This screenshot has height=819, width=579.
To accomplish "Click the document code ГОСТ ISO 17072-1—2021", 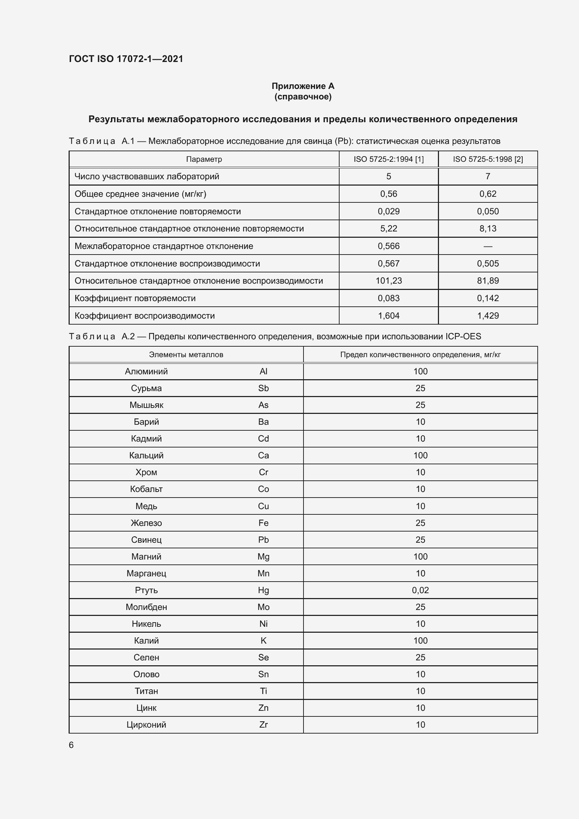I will (126, 59).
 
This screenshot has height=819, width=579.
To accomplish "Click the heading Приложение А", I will (303, 86).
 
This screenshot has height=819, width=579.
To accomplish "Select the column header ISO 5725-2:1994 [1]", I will (389, 159).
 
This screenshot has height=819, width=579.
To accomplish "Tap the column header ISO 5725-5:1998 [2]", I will (488, 159).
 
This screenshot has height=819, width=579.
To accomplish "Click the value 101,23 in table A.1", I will (389, 281).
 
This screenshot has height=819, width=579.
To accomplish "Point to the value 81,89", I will (488, 281).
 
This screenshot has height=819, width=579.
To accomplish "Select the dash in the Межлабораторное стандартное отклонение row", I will (488, 246).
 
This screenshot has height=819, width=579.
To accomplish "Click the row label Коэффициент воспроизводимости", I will (144, 316).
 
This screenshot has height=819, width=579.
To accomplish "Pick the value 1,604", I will (389, 316).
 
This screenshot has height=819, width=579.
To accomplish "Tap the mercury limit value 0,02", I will (420, 590).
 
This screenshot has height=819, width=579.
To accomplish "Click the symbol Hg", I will (264, 590).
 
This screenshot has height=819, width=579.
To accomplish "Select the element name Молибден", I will (146, 607).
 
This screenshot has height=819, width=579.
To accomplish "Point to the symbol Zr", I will (264, 724).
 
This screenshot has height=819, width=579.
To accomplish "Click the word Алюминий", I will (146, 371).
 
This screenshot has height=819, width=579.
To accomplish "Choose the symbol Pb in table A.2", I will (264, 540).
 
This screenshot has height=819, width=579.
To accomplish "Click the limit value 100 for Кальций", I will (420, 455).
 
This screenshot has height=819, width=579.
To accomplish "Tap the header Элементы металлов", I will (186, 355).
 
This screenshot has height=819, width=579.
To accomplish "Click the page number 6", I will (71, 745).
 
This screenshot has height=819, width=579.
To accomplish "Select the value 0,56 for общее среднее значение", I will (389, 194).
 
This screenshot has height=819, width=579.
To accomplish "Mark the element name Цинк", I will (146, 708).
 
